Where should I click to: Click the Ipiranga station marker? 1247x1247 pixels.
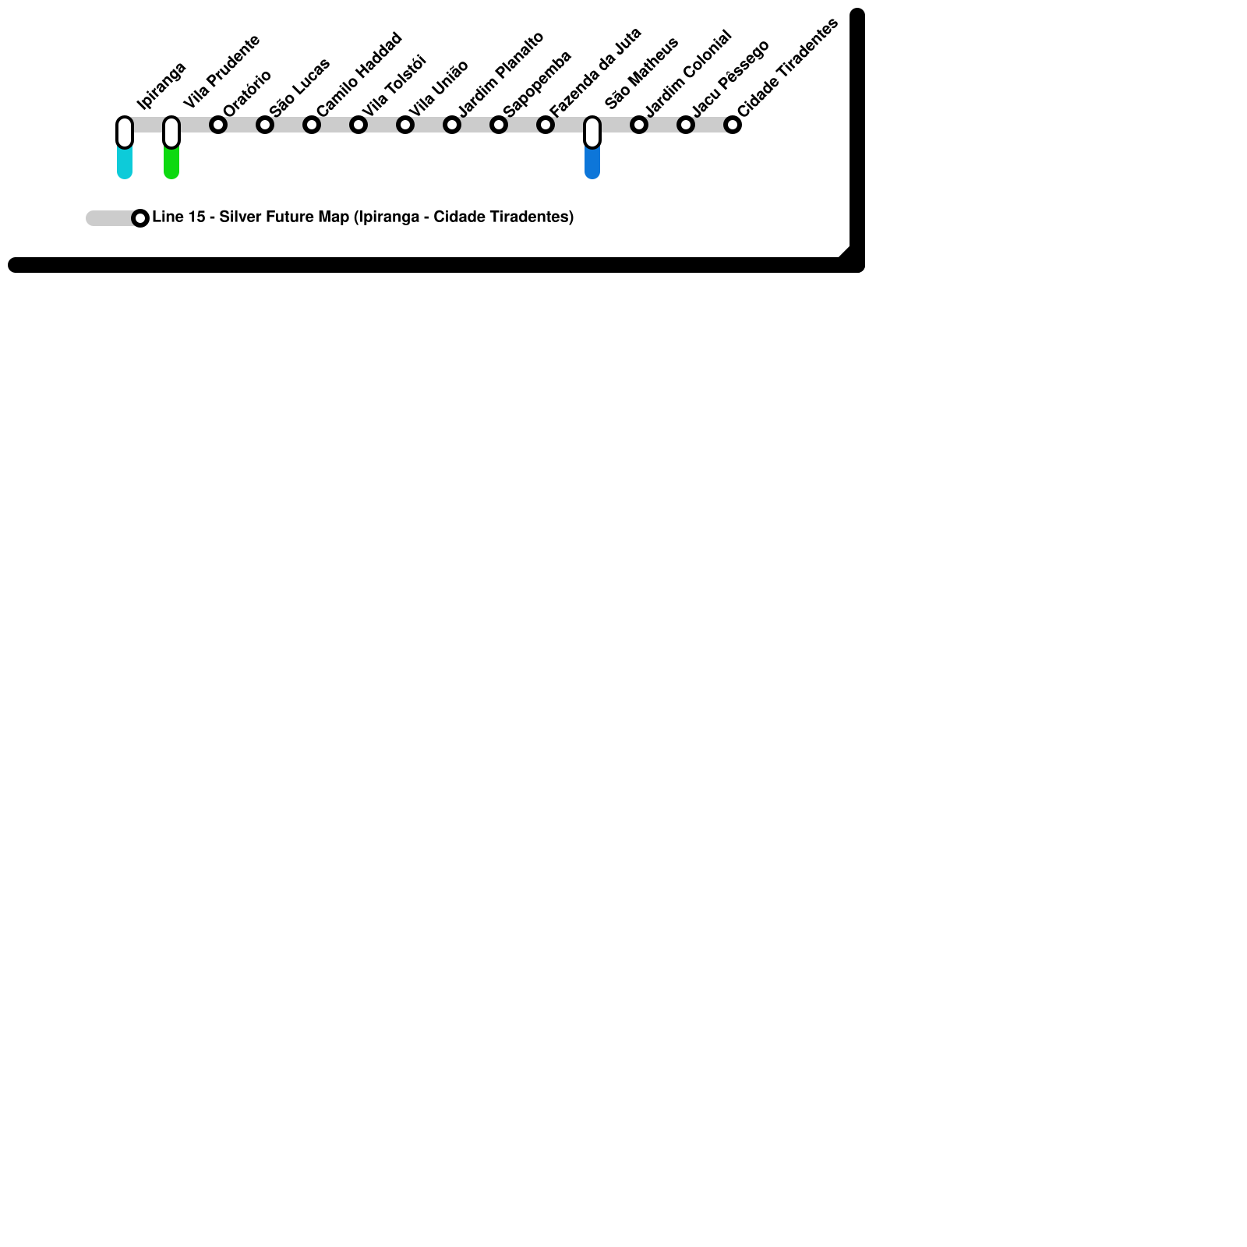[x=125, y=132]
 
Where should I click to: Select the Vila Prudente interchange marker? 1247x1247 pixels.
[x=171, y=132]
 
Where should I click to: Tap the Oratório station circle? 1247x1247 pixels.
[x=218, y=125]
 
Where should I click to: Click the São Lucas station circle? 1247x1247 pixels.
[x=265, y=125]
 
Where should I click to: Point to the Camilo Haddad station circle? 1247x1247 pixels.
[x=312, y=125]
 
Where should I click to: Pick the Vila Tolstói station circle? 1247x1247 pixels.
[x=359, y=125]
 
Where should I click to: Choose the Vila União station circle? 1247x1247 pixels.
[x=405, y=125]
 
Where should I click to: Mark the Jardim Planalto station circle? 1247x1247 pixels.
[x=452, y=125]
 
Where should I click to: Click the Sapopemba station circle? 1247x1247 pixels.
[x=499, y=125]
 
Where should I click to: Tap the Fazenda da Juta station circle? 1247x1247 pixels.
[x=546, y=125]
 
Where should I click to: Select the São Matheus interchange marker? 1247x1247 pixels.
[x=592, y=132]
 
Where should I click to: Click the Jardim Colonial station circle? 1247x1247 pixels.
[x=639, y=125]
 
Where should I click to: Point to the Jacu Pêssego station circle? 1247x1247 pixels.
[x=686, y=125]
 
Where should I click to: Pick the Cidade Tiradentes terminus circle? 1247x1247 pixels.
[x=733, y=125]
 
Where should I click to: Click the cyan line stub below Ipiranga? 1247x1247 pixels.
[x=125, y=164]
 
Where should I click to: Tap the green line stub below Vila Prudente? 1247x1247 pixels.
[x=171, y=164]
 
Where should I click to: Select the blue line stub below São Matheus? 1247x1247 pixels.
[x=592, y=164]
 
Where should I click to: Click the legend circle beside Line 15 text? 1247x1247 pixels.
[x=140, y=218]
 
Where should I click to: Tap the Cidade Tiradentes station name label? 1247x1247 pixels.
[x=787, y=68]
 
